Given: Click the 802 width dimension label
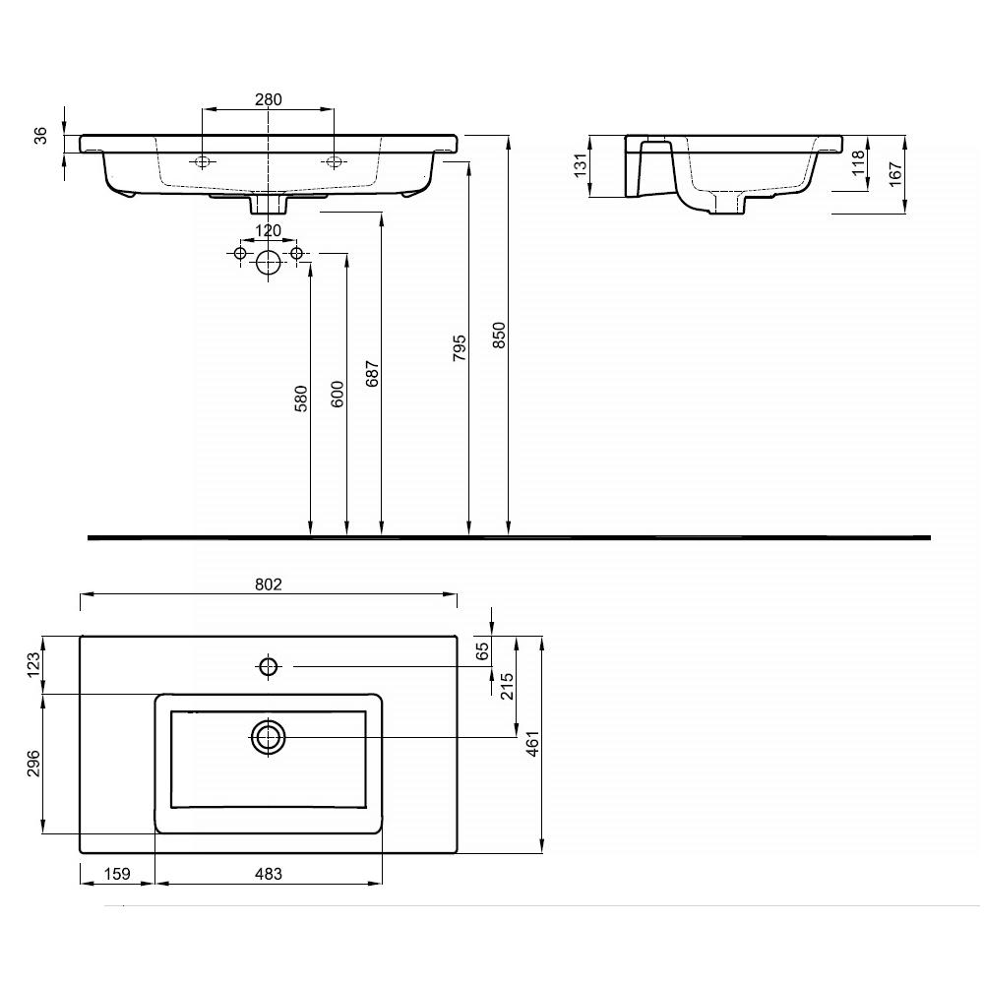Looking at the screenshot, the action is point(269,584).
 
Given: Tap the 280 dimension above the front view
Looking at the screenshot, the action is point(269,99).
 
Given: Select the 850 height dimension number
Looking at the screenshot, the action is point(498,336).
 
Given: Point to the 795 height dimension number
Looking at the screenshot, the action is point(460,347).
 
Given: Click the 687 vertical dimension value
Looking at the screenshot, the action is point(372,373).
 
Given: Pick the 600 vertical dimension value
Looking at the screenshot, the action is point(337,395).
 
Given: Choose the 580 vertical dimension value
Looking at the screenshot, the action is point(301,399).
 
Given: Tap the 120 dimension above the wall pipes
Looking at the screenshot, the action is point(269,230).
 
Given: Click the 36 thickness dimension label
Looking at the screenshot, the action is point(40,136).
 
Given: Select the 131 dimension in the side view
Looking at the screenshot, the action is point(581,165).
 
